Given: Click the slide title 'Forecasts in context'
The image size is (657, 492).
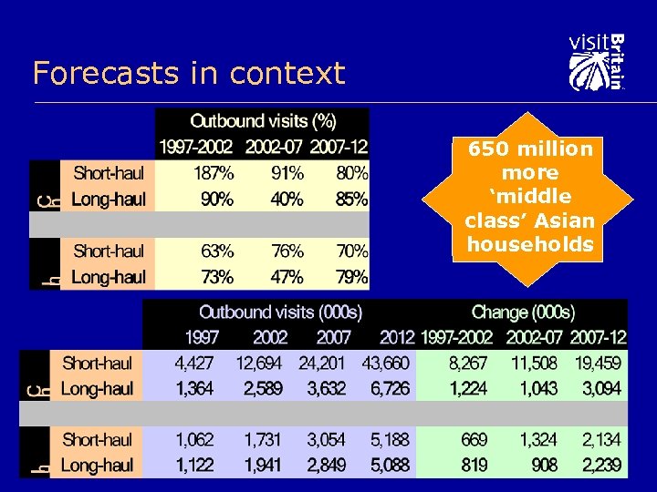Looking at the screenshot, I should [x=189, y=73].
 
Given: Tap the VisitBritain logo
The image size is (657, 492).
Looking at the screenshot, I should [x=597, y=62].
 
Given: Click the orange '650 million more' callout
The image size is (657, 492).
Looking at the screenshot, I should [x=529, y=196].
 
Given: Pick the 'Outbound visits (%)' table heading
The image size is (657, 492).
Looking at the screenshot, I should [x=263, y=120].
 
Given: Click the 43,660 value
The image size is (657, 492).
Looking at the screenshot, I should [x=386, y=363].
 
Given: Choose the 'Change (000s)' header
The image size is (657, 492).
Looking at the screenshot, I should [x=523, y=313].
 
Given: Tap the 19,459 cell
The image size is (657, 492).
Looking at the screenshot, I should [x=599, y=363].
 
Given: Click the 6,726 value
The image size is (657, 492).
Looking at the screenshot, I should [x=390, y=389].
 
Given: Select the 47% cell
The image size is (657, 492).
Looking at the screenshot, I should [x=287, y=276].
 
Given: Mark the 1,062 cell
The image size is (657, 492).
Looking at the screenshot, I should [x=193, y=440].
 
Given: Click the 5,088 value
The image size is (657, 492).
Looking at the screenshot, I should [x=390, y=466].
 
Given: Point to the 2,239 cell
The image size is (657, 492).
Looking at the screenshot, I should [x=602, y=466].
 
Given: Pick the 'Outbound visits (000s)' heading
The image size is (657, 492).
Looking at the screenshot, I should [x=280, y=313].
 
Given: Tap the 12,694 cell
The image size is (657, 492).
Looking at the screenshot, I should [x=258, y=363].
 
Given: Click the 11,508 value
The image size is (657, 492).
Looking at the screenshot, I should [x=534, y=363].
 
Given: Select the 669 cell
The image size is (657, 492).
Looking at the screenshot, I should [x=474, y=440].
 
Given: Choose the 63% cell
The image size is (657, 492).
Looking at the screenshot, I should [x=216, y=251].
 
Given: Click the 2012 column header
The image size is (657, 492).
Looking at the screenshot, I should [x=397, y=337].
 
